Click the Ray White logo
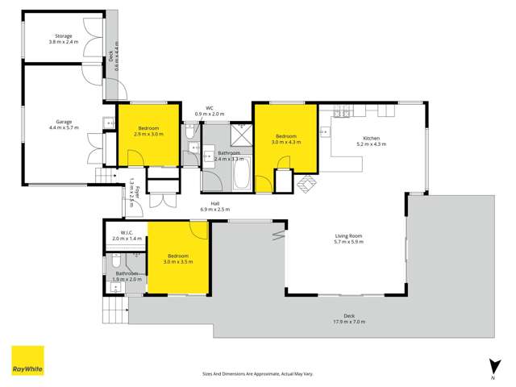click(27, 360)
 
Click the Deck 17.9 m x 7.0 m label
click(349, 318)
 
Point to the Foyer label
click(136, 192)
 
